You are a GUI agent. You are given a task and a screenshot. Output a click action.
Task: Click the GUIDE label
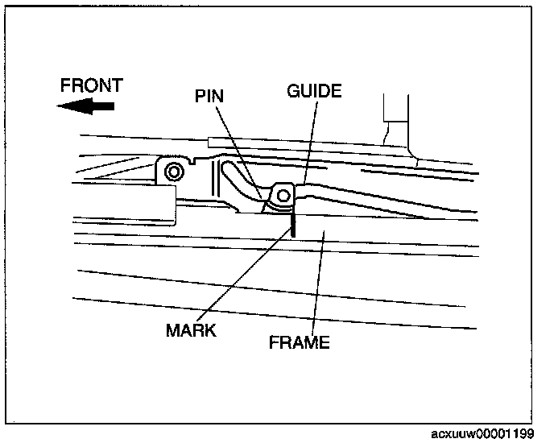tap(314, 91)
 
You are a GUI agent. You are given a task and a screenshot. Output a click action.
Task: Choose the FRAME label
tap(300, 342)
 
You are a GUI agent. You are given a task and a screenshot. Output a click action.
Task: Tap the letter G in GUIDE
tap(293, 91)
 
